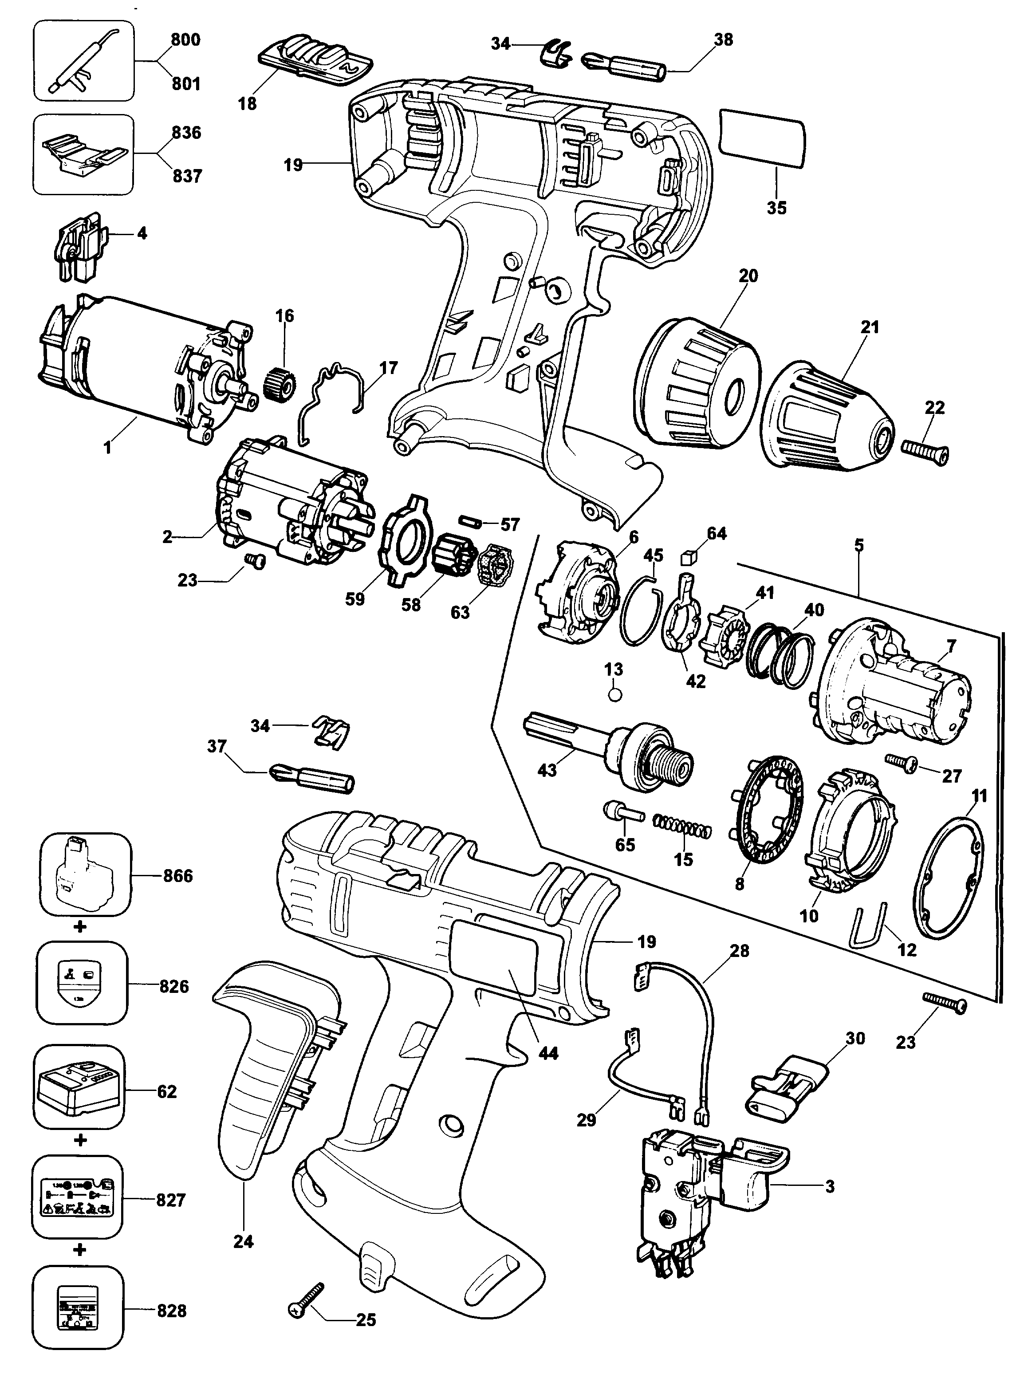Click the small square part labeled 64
[688, 558]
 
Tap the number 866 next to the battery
[178, 876]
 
